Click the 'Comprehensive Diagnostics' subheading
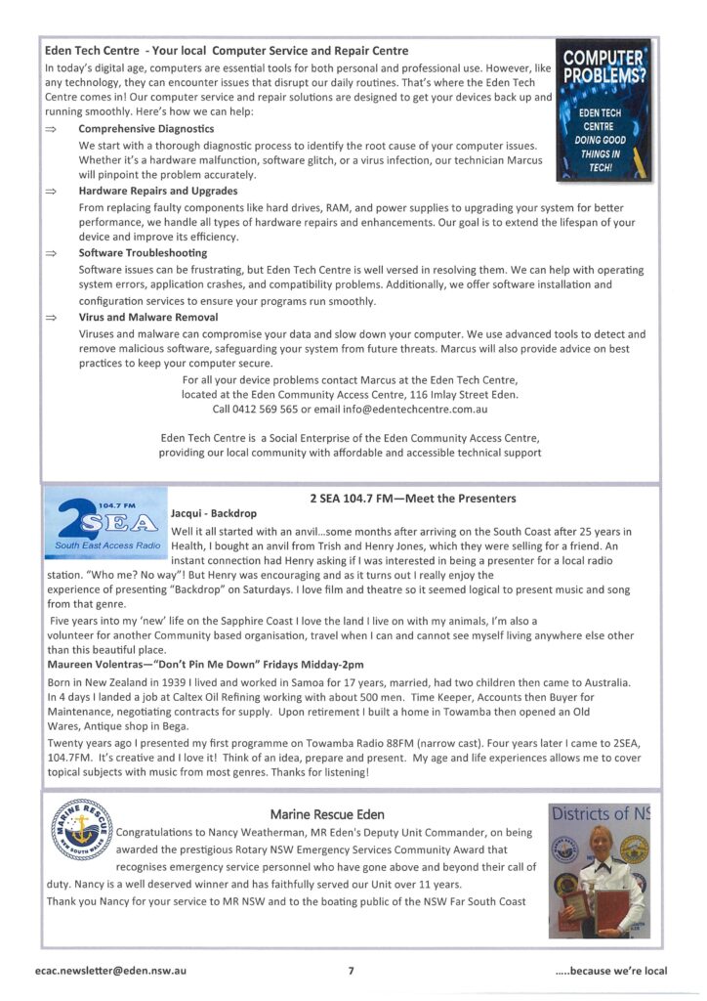coord(146,129)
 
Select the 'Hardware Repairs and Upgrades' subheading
coord(157,192)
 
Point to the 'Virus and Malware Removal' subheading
coord(147,318)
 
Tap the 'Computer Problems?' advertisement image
coord(603,110)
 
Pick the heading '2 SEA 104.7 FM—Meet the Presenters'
coord(413,499)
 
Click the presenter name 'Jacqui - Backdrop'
coord(213,513)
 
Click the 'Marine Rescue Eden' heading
coord(327,813)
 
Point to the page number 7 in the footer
coord(351,972)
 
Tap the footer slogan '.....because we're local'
coord(611,972)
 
